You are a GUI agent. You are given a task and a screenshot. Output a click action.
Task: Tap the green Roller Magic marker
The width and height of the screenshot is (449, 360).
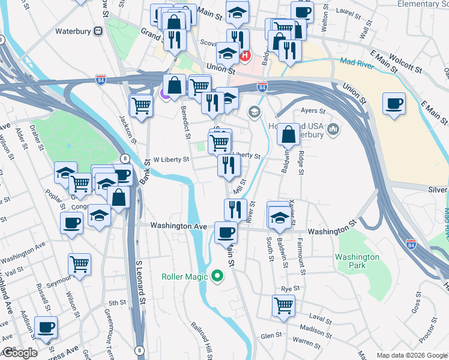point(217,277)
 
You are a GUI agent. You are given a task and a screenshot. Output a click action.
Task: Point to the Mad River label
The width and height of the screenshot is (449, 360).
point(356,62)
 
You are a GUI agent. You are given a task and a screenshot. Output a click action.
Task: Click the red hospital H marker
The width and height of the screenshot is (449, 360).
point(245,56)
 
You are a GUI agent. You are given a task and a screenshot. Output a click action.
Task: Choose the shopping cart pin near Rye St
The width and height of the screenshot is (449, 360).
point(283,305)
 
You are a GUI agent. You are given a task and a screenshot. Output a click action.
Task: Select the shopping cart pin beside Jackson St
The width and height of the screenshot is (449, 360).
point(141,106)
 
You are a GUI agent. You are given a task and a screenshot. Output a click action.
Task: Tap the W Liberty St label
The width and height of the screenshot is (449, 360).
point(171,160)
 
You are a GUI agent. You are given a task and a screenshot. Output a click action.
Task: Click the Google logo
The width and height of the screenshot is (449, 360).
point(20,353)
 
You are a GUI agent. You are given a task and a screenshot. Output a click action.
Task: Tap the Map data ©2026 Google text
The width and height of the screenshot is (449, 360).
point(411,355)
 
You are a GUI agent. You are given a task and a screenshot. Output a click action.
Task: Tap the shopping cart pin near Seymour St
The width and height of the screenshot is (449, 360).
point(79,265)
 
